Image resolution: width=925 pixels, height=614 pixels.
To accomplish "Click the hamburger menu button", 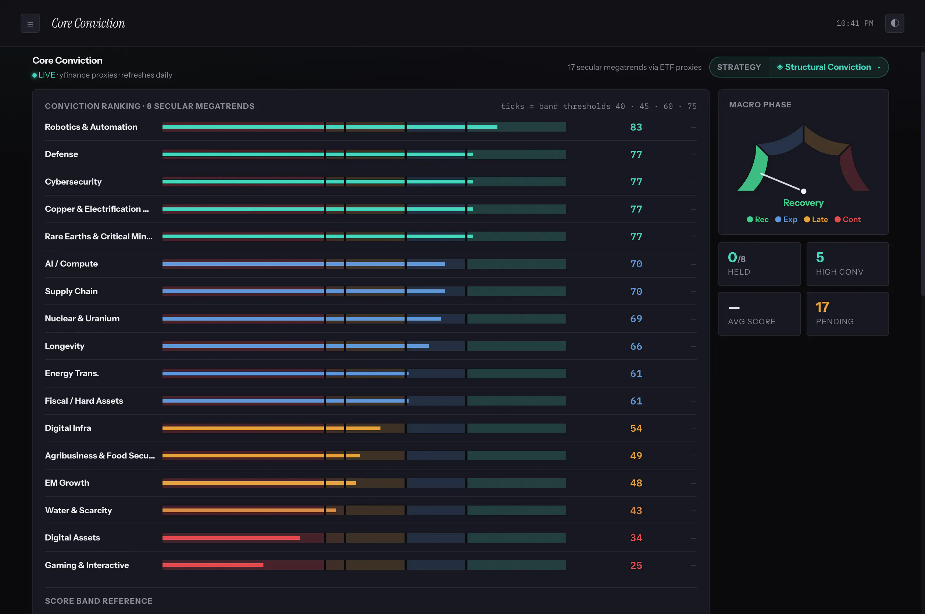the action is click(30, 24).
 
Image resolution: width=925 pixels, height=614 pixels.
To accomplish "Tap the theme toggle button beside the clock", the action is click(894, 24).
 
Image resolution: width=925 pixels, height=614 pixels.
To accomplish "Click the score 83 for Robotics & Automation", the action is click(636, 127).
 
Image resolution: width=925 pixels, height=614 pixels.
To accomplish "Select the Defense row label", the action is click(61, 154).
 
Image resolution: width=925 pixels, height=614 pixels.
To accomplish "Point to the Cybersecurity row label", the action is click(73, 182).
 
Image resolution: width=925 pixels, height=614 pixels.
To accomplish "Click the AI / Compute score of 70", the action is click(636, 264).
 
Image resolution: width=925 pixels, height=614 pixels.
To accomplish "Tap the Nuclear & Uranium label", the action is click(82, 318).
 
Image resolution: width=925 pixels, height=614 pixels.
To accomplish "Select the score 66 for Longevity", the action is click(636, 346).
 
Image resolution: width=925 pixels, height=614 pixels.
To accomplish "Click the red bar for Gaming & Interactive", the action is click(213, 565).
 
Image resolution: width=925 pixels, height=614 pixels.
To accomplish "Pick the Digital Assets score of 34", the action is click(636, 538).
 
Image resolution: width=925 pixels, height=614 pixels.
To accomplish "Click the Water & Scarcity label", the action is click(78, 510).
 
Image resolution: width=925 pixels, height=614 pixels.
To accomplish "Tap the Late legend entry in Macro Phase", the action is click(816, 219).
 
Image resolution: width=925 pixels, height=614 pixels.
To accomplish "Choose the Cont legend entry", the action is click(847, 219).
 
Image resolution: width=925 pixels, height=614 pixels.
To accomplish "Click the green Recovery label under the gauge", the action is click(803, 203).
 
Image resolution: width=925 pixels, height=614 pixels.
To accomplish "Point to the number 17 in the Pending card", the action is click(822, 307).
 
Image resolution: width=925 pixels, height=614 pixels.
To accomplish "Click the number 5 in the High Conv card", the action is click(820, 257).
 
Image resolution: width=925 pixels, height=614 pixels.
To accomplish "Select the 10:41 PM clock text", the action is click(855, 24).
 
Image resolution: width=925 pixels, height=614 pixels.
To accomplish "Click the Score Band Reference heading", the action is click(99, 601).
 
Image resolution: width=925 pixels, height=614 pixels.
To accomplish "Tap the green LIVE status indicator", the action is click(43, 75).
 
